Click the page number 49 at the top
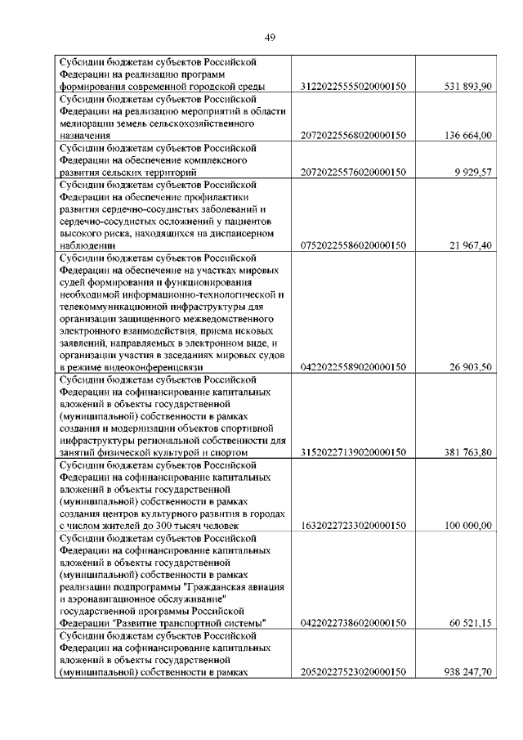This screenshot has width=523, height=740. (270, 36)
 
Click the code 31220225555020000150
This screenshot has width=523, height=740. (354, 86)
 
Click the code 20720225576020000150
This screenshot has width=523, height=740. (354, 173)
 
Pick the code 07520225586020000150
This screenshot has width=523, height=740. (354, 244)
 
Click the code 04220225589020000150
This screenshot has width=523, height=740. (354, 367)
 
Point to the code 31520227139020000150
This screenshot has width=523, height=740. (354, 452)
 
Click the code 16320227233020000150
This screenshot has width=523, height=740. (354, 525)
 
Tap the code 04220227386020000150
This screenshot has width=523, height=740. (354, 623)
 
